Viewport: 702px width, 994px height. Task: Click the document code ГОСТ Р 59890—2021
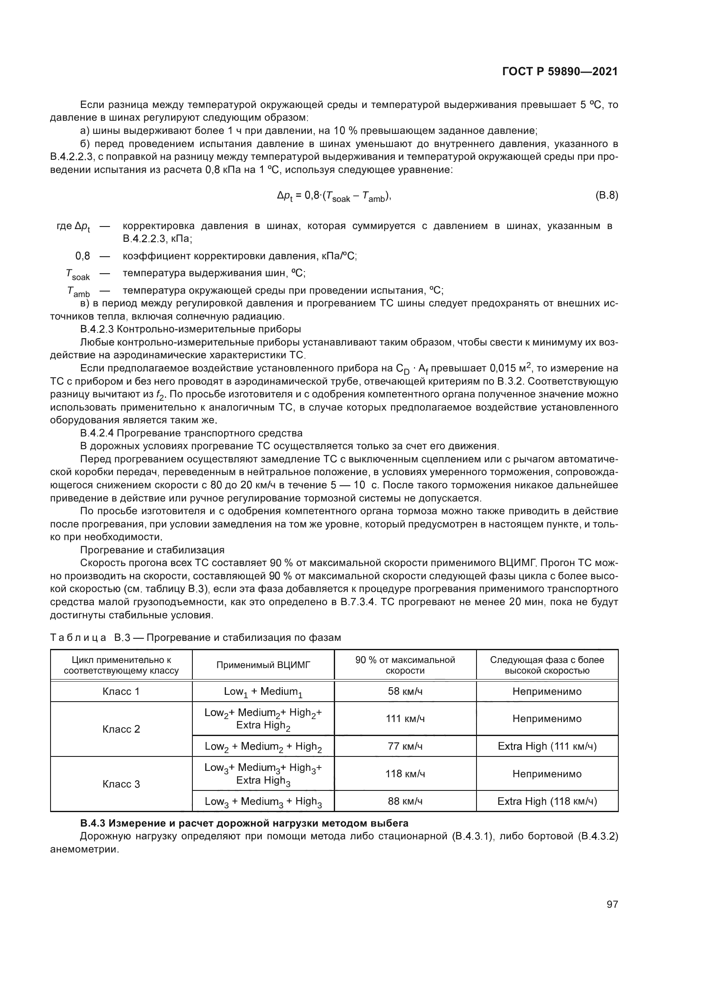[x=560, y=72]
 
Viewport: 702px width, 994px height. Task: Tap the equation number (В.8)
[x=606, y=195]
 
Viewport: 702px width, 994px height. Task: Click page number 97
[x=612, y=904]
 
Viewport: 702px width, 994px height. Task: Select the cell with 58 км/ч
[x=405, y=691]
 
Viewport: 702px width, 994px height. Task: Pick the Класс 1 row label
[x=121, y=691]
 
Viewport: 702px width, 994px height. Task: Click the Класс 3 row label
[x=121, y=784]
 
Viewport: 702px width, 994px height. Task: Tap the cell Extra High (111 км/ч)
[x=547, y=746]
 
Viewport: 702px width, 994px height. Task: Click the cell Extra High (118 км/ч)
[x=547, y=801]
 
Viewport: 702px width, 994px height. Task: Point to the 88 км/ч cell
[x=405, y=801]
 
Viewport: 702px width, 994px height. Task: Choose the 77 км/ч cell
[x=405, y=746]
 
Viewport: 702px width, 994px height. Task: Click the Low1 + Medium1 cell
[x=263, y=692]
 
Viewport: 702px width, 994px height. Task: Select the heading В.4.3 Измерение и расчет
[x=244, y=823]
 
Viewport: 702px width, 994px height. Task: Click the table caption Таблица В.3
[x=195, y=637]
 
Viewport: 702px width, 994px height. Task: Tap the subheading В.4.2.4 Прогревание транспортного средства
[x=191, y=433]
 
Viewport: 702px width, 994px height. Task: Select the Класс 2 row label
[x=121, y=729]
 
